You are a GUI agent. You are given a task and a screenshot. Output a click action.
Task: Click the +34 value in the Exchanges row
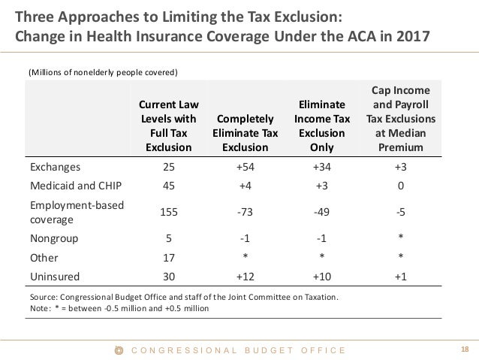coord(322,167)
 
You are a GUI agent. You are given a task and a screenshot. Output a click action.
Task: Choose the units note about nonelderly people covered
coord(103,73)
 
